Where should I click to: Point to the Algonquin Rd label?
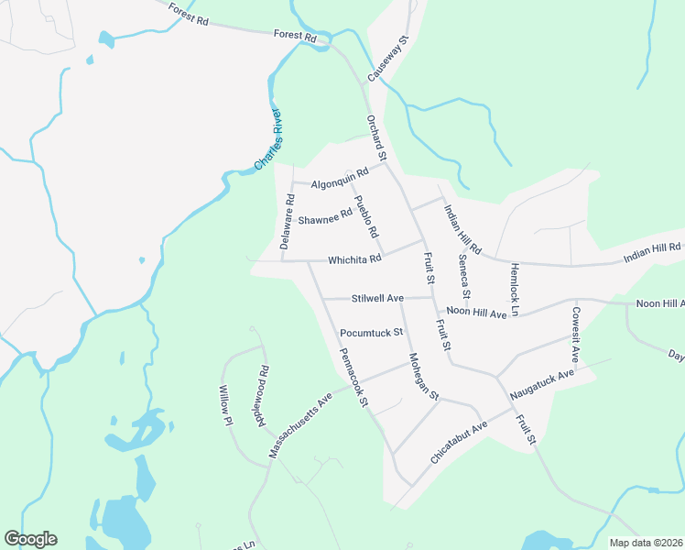pos(340,178)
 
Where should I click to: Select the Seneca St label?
pos(463,278)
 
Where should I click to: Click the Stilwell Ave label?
pos(377,299)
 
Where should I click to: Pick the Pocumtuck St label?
pos(371,332)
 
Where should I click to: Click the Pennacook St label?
pos(353,378)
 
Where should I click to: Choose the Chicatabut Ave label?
pos(460,442)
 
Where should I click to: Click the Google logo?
pos(30,539)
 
